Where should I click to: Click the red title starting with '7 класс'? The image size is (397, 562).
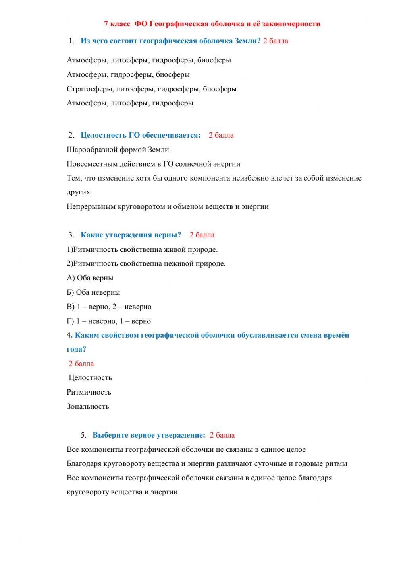212,24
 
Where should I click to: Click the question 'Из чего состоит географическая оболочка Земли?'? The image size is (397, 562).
171,41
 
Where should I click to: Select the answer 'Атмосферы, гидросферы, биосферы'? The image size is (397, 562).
128,74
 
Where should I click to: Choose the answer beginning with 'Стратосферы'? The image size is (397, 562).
152,89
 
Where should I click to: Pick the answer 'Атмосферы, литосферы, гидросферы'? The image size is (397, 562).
130,103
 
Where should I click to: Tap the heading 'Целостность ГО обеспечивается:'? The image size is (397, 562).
141,135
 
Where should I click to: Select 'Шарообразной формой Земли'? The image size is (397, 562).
118,150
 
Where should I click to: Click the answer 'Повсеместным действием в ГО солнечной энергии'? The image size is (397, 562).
153,164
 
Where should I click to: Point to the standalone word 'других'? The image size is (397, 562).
79,192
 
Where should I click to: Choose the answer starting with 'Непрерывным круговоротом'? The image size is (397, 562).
168,206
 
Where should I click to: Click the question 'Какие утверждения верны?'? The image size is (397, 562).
131,235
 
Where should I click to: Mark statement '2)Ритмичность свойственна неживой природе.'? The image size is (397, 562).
146,263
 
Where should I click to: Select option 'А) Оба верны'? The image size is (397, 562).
90,278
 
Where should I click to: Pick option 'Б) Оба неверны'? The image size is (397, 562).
93,292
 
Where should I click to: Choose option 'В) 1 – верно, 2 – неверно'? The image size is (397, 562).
109,307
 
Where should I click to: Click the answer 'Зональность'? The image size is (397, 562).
88,406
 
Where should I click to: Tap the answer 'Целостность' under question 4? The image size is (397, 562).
91,378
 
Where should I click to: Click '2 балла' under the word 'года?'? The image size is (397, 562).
81,364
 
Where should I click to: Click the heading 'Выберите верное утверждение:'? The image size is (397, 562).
149,435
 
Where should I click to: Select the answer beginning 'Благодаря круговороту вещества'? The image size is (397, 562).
207,463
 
